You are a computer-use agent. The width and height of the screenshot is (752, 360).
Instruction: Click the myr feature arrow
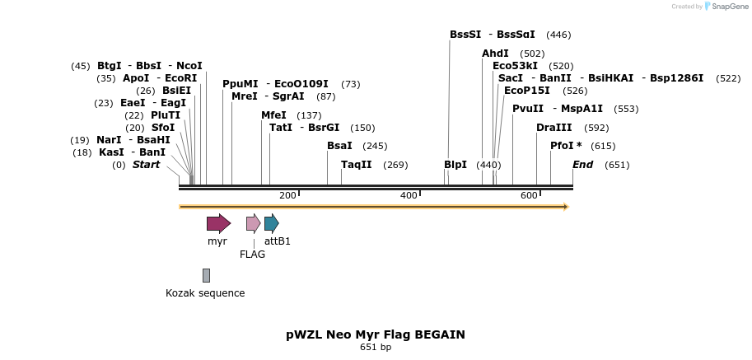pos(218,223)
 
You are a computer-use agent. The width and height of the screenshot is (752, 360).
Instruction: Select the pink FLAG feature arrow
pos(253,223)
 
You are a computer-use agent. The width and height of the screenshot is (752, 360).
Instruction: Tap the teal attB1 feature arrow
pos(271,223)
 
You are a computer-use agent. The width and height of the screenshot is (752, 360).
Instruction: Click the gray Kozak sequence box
pos(206,275)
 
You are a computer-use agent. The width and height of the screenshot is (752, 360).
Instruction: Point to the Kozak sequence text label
pos(205,293)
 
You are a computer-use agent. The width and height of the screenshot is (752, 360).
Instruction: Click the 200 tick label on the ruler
pos(287,195)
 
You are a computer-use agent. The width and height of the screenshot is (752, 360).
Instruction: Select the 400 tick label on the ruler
pos(409,195)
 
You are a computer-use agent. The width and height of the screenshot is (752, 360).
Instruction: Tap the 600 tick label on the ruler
pos(529,195)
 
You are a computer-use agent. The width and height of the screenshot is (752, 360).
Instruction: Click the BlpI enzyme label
pos(455,165)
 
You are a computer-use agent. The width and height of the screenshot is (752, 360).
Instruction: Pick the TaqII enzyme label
pos(357,165)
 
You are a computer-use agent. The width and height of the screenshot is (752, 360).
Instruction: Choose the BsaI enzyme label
pos(339,146)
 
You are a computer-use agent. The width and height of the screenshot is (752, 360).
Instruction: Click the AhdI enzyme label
pos(495,54)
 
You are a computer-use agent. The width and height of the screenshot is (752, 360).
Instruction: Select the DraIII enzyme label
pos(553,128)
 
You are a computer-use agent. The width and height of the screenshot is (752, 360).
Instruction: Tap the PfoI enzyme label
pos(566,146)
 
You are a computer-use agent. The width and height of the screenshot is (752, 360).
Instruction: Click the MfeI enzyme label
pos(273,115)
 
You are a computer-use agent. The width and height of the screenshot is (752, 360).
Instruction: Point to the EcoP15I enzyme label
pos(526,91)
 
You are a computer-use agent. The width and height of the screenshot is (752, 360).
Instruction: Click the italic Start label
pos(146,165)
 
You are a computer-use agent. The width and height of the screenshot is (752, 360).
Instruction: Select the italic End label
pos(582,165)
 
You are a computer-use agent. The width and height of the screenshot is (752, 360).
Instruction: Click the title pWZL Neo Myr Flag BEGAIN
pos(376,334)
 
